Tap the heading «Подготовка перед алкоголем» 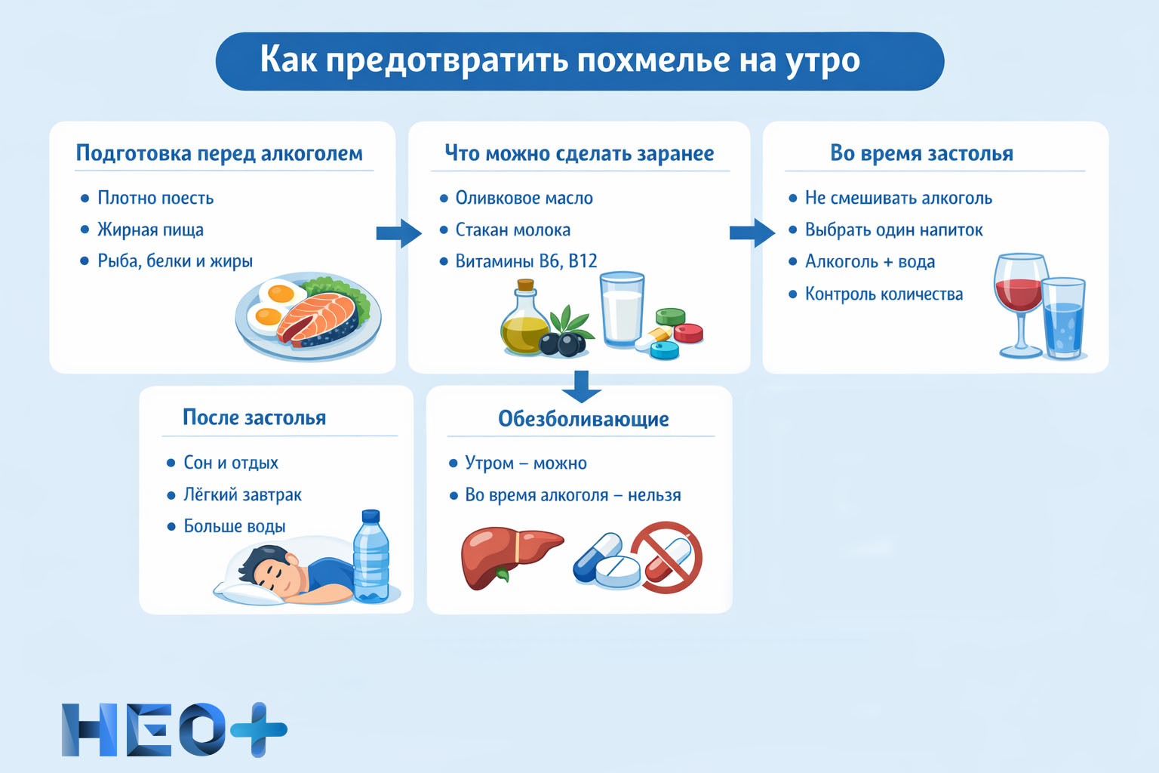click(x=219, y=153)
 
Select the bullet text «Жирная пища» click(x=150, y=229)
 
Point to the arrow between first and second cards click(x=398, y=233)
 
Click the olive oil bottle click(x=524, y=321)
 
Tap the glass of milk click(x=622, y=310)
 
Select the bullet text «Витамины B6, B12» click(x=526, y=261)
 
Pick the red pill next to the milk click(x=687, y=333)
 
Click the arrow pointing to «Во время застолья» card click(x=752, y=233)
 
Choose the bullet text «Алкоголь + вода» click(x=869, y=262)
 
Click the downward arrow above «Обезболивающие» click(x=581, y=386)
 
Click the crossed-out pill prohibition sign click(x=666, y=557)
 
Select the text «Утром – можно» click(x=525, y=463)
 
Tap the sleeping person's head click(x=268, y=567)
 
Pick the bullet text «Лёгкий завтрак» click(x=242, y=495)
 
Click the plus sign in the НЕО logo click(x=259, y=729)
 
